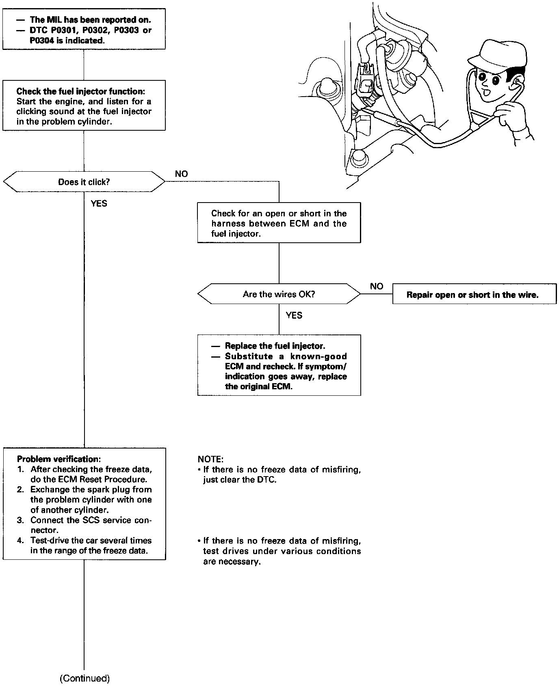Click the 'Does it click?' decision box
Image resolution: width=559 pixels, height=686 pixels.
click(x=84, y=182)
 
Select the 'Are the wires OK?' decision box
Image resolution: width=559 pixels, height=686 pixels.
click(x=279, y=294)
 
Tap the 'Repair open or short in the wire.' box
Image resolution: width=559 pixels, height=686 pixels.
click(x=474, y=295)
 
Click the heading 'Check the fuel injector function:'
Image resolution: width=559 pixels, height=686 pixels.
click(x=80, y=91)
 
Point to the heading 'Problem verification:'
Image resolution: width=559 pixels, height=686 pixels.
click(x=58, y=459)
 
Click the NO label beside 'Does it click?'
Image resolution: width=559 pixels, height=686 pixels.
click(x=181, y=174)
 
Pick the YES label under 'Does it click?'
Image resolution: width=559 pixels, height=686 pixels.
click(x=99, y=203)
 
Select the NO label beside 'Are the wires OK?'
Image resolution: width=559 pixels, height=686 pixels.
click(x=376, y=286)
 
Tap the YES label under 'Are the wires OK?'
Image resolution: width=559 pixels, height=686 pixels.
click(x=294, y=315)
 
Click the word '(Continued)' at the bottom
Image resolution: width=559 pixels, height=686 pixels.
click(x=84, y=678)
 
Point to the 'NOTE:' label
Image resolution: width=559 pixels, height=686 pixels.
click(x=210, y=459)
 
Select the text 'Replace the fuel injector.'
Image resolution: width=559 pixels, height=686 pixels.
click(x=275, y=346)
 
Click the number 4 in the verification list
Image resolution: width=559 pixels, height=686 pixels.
click(x=20, y=541)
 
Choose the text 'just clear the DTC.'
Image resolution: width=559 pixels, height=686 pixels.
click(x=240, y=480)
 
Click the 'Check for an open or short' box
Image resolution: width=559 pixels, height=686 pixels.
click(x=279, y=223)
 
